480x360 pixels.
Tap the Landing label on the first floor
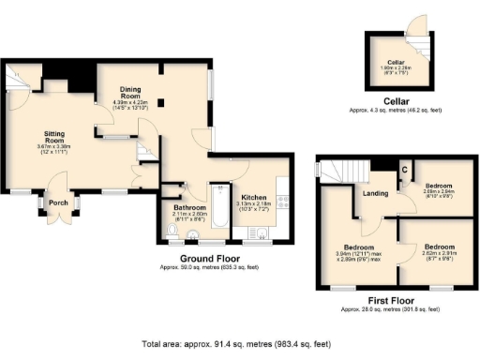click(x=376, y=194)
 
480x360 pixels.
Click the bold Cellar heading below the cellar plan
click(x=395, y=100)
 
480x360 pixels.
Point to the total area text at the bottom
click(x=240, y=343)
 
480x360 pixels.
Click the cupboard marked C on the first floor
click(x=404, y=169)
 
